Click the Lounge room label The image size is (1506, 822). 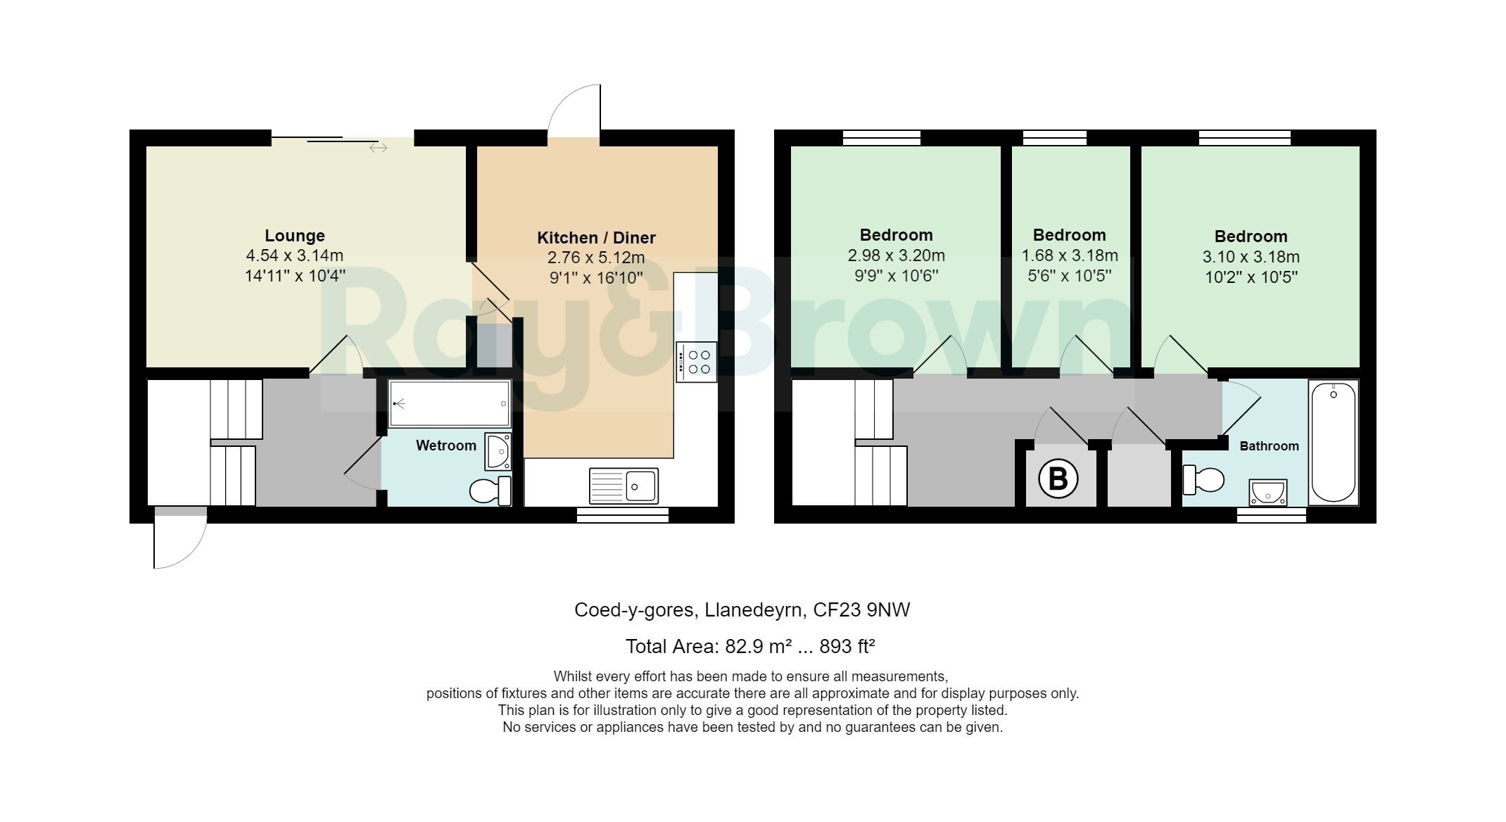click(294, 236)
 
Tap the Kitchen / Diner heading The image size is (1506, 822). click(596, 238)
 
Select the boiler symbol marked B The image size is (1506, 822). click(1058, 479)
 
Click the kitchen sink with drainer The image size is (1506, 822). click(624, 486)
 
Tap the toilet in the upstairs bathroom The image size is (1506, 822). click(1203, 480)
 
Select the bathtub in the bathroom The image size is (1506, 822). click(1333, 441)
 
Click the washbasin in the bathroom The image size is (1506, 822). click(1268, 493)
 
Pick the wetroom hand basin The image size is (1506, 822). click(498, 451)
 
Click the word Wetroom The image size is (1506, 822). click(445, 445)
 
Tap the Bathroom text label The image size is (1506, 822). click(1269, 446)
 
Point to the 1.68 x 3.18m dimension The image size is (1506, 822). click(1069, 255)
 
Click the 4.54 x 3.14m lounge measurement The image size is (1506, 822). click(294, 255)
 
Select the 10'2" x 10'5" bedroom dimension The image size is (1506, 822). click(1251, 277)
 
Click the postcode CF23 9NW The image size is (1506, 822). click(861, 609)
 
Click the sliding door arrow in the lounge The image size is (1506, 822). click(378, 148)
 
